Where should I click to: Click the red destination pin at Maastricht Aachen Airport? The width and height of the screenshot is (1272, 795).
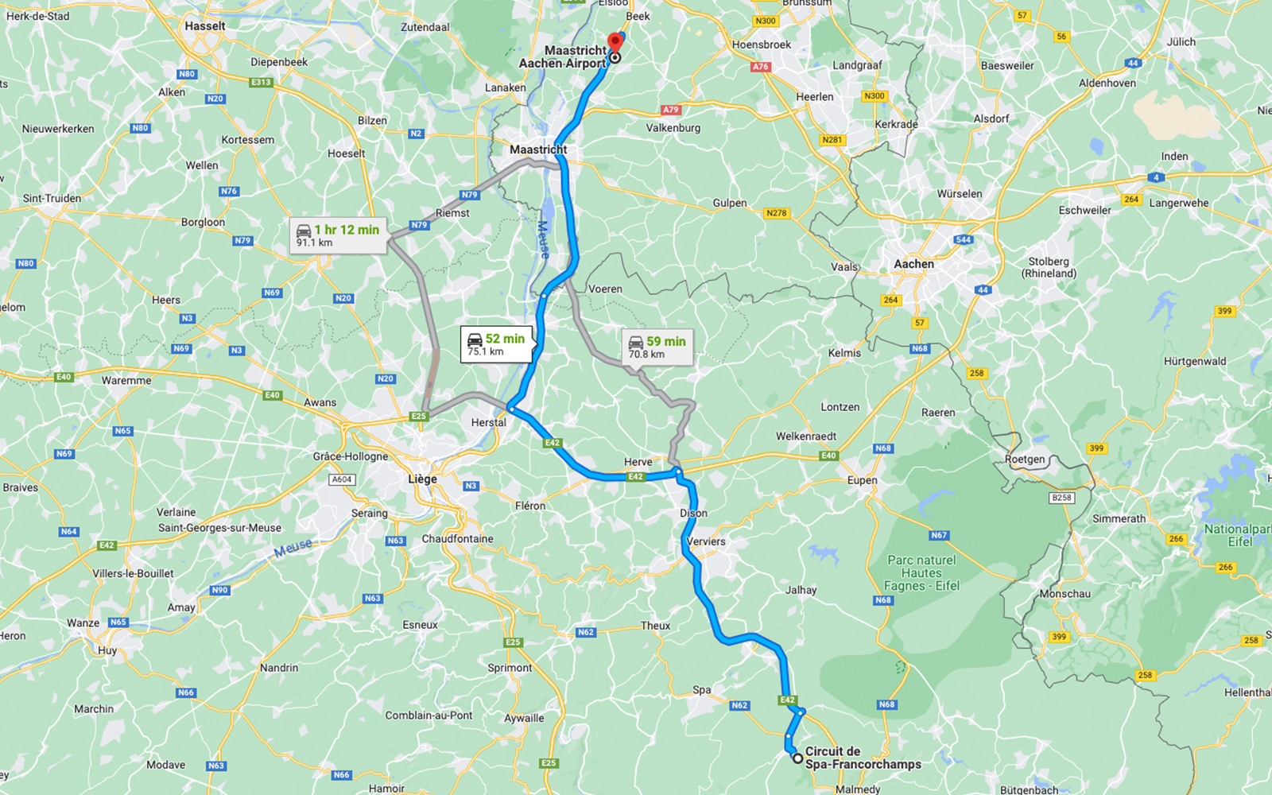(615, 42)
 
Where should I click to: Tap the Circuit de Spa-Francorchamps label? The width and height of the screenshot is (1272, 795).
(863, 758)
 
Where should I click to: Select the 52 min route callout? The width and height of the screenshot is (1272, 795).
(496, 344)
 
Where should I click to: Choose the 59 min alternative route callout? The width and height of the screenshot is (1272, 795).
(657, 347)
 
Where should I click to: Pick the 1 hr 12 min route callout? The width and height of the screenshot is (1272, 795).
(338, 235)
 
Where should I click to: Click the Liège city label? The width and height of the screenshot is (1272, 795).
(422, 479)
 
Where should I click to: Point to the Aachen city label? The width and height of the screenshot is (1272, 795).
(913, 264)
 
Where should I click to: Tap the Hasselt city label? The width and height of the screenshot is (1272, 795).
(205, 26)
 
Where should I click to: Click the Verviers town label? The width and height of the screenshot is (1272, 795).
(706, 541)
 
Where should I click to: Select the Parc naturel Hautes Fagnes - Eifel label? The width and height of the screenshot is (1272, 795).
(921, 572)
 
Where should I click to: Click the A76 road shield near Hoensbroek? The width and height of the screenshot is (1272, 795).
(761, 67)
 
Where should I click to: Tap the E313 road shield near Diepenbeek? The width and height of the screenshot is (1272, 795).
(261, 82)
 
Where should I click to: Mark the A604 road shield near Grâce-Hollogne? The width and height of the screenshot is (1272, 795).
(342, 479)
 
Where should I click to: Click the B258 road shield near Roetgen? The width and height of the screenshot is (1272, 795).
(1061, 498)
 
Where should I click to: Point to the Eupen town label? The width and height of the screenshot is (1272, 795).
(862, 480)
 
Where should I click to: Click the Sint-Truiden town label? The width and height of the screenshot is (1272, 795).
(52, 199)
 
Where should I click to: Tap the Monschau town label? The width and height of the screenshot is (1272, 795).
(1065, 594)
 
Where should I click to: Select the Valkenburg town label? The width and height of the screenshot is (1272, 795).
(673, 128)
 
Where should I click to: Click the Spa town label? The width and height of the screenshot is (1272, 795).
(701, 690)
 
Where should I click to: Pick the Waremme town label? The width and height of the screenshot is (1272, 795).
(126, 381)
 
